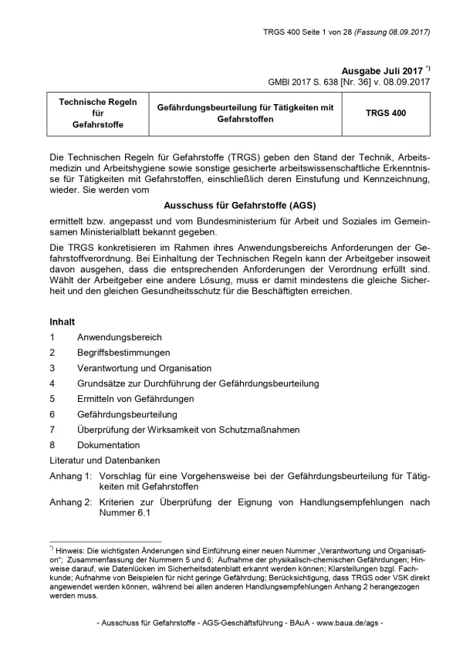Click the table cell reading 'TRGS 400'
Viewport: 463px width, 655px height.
[385, 113]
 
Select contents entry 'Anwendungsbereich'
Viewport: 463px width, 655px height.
[119, 337]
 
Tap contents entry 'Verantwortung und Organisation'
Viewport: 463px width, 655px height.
[144, 368]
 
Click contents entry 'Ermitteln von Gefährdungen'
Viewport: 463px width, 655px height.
[135, 399]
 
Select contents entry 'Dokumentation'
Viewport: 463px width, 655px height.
[109, 445]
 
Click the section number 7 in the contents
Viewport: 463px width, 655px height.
[52, 430]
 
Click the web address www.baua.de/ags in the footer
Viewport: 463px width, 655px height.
[346, 623]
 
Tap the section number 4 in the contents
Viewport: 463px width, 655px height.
[52, 383]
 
